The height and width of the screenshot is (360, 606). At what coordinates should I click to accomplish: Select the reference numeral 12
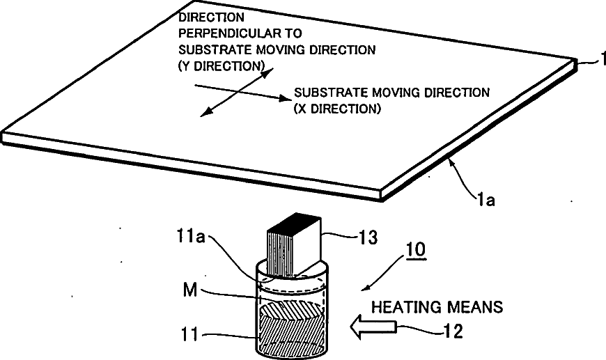(x=453, y=331)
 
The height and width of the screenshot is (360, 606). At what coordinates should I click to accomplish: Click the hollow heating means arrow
(x=373, y=324)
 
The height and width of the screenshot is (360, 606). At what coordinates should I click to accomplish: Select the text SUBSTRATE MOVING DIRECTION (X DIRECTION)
(x=391, y=100)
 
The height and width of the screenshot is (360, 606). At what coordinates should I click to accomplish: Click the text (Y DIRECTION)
(x=221, y=65)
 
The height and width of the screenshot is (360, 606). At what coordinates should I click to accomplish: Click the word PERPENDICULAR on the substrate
(x=215, y=33)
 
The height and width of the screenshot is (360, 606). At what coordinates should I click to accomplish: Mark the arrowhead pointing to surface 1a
(x=450, y=162)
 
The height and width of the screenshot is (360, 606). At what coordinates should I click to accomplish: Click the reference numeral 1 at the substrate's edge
(x=598, y=62)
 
